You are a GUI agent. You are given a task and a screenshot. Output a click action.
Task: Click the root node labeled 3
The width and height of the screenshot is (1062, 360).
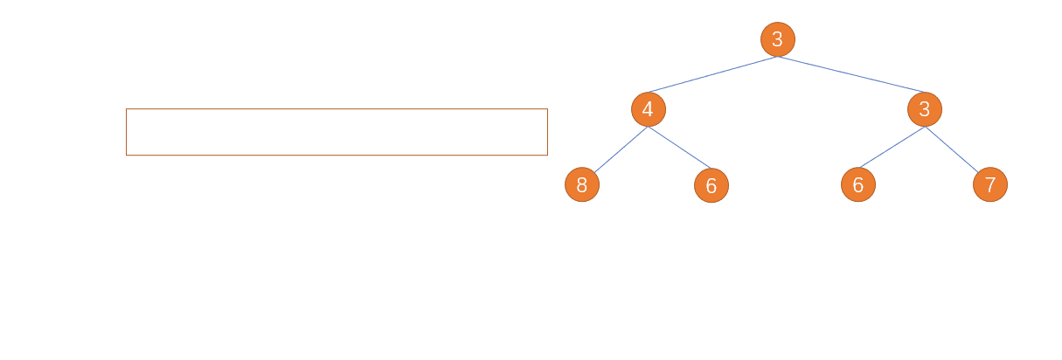pos(778,39)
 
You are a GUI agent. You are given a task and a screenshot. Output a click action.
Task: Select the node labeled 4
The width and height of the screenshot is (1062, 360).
pos(648,109)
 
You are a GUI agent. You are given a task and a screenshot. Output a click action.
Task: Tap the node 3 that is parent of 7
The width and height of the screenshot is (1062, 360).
pos(925,109)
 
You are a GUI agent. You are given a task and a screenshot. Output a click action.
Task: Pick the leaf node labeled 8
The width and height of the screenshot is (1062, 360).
pos(582,184)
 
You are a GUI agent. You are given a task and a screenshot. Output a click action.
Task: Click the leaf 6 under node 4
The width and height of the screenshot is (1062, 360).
pos(711,185)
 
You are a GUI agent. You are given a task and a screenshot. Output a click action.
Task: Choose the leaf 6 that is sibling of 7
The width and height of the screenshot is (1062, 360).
pos(858,184)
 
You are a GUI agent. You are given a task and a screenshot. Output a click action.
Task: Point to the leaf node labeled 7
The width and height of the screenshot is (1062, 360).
pos(990,184)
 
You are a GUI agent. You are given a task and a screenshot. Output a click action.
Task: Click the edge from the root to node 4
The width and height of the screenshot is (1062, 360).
pos(713,74)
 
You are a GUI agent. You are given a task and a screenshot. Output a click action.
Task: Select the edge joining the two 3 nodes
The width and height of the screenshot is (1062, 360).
pos(851,74)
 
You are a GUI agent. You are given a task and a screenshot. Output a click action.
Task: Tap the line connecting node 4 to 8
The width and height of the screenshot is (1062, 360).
pos(621,149)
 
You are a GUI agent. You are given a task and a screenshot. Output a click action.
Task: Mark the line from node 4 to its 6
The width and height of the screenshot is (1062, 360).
pos(679,148)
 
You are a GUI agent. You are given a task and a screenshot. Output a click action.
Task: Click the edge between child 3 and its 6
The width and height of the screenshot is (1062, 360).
pos(892,148)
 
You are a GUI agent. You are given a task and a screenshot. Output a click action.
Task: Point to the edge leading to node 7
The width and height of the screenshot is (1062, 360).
pos(952,149)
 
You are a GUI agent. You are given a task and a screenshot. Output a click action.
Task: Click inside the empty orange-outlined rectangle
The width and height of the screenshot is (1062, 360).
pos(337,132)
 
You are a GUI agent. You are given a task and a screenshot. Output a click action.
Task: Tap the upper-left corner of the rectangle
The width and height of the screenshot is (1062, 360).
pos(126,109)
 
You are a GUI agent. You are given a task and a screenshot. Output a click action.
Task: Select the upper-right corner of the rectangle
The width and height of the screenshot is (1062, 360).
pos(547,109)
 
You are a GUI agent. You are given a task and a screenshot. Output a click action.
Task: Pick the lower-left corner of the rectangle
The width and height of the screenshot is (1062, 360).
pos(126,155)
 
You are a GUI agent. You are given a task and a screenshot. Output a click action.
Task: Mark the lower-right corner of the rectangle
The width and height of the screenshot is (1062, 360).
pos(547,155)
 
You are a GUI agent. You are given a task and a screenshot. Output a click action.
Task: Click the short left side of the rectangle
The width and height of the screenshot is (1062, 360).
pos(126,132)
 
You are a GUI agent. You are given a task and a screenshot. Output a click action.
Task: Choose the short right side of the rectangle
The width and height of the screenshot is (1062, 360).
pos(547,132)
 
